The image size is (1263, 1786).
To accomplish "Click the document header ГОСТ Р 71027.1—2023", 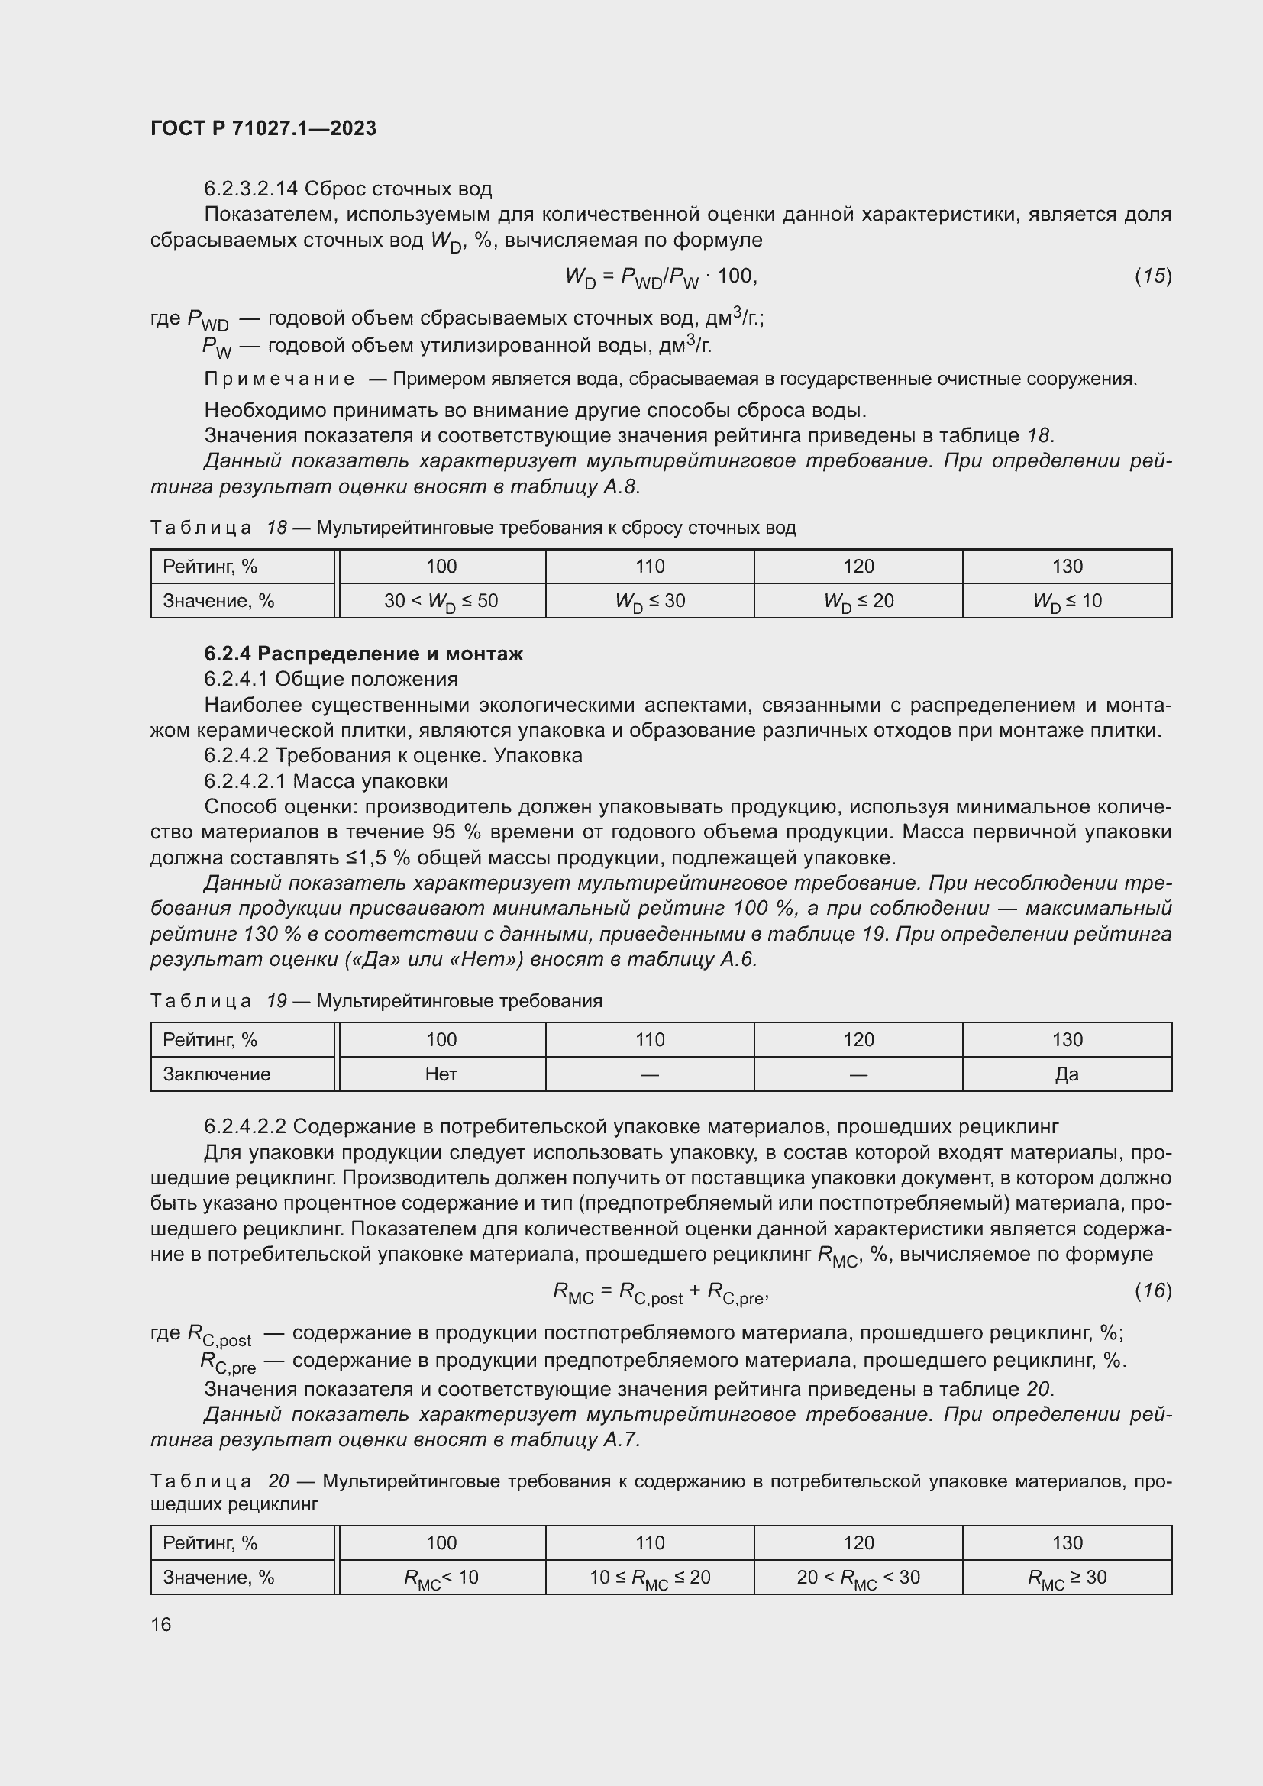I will (263, 128).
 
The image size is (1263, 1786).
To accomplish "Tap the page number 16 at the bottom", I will (161, 1624).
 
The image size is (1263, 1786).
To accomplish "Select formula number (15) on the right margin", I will (1152, 276).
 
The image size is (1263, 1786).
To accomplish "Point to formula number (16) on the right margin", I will (1152, 1290).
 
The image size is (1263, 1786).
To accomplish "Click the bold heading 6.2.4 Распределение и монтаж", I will (363, 654).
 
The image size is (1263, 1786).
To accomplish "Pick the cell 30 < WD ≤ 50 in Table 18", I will (441, 601).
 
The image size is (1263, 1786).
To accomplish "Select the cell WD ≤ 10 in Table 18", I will (1067, 601).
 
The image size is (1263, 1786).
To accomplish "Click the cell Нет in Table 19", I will (441, 1074).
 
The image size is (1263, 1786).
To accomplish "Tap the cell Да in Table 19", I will (1067, 1074).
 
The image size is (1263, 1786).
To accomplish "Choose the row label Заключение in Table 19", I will (217, 1074).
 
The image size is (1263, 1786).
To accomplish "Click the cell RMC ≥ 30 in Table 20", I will (1067, 1578).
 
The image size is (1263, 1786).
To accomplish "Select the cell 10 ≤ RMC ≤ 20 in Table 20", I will (649, 1578).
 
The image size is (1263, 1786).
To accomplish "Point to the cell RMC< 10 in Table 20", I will (441, 1578).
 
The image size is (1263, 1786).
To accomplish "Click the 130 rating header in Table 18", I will (1067, 567).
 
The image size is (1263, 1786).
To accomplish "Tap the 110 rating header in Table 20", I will (649, 1542).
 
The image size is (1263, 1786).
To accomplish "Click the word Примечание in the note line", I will (279, 379).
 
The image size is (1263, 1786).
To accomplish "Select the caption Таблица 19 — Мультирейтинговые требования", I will (376, 1001).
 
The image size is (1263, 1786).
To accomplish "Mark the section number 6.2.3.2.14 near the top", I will (250, 189).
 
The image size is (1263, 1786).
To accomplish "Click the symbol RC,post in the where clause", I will (220, 1335).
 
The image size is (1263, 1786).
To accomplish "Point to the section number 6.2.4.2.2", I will (245, 1126).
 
